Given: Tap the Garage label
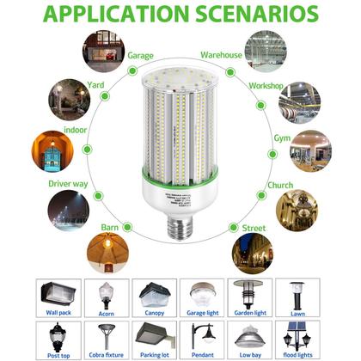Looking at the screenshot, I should tap(141, 56).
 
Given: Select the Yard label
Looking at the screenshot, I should tap(97, 86).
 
